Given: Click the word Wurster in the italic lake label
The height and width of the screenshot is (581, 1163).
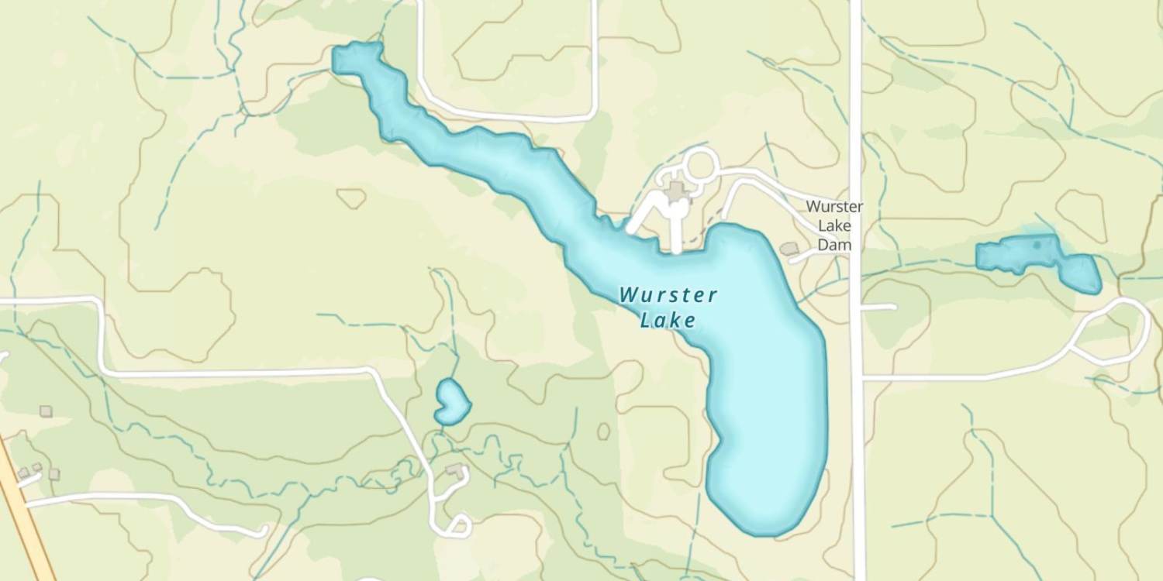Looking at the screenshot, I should coord(668,295).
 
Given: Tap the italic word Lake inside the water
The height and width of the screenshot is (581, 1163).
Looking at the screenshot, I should coord(668,320).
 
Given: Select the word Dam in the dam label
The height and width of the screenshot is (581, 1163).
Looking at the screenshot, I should coord(834,245).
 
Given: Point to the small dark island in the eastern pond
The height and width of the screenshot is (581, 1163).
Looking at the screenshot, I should coord(1037,246).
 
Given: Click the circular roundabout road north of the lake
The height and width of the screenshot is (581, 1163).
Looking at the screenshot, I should coord(700,165).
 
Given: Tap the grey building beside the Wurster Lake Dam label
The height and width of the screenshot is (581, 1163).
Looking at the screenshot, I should coord(789,249).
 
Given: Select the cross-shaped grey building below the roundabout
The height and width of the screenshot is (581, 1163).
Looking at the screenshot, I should coord(677,191).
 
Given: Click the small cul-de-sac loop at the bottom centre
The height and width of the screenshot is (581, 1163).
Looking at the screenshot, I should coord(457,526).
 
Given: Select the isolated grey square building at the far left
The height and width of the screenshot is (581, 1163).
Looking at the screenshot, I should coord(46,411).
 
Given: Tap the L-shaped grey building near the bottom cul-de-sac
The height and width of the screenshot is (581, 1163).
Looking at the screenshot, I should coord(455,470).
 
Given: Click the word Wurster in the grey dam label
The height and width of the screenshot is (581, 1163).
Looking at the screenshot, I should coord(834,207).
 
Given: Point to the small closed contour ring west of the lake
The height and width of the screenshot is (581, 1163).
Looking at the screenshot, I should coord(351,198).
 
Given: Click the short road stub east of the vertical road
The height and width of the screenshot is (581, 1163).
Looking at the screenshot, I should coord(879,307).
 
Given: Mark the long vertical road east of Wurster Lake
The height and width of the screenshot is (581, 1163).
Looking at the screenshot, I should coord(856,426).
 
